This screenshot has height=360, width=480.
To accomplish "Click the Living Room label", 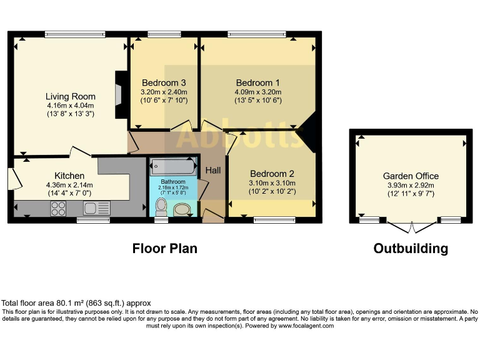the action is tap(71, 96).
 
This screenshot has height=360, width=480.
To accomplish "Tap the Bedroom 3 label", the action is tap(164, 82).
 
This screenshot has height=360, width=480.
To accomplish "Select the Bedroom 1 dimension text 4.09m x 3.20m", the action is tap(258, 92).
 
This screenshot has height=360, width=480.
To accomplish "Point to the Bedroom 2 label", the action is tap(272, 174).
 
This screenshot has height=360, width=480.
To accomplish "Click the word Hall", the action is tap(213, 170).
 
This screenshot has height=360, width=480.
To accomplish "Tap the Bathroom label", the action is tap(173, 181).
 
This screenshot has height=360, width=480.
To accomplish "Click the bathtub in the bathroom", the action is tap(173, 166).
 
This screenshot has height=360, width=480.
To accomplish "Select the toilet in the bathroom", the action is tap(161, 207).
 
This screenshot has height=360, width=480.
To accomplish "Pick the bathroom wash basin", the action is tap(182, 210).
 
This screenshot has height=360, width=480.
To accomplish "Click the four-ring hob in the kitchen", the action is tap(58, 209).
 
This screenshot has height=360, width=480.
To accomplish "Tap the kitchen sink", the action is tap(96, 208).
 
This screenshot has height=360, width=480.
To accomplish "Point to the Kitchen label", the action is tap(69, 176).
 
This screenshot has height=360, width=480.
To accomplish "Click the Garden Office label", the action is tap(411, 176).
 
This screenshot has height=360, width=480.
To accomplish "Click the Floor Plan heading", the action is tap(165, 248).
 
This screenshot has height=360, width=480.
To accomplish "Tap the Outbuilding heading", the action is tap(411, 248).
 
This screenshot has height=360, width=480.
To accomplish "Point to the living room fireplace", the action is tap(121, 95).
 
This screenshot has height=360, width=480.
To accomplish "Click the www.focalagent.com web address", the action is tap(306, 326).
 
